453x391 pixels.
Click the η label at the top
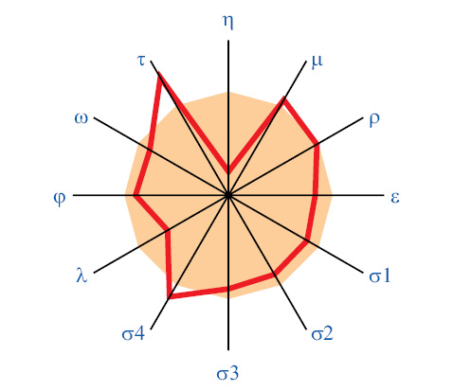point(227,23)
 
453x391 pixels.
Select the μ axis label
point(317,61)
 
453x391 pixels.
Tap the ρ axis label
point(374,119)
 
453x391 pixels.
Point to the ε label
point(395,198)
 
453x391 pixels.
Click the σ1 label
point(380,276)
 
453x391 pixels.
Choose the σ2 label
point(322,334)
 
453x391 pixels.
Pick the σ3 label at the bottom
point(227,374)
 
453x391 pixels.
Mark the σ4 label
point(133,334)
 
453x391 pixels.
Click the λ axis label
point(82,275)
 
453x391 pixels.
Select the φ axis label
point(60,198)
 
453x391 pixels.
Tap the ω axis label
point(82,119)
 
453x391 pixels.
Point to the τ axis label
point(141,61)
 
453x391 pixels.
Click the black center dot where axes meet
point(228,195)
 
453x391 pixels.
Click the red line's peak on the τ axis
point(159,75)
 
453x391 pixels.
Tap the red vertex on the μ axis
point(283,99)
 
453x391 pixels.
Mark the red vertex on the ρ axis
point(317,145)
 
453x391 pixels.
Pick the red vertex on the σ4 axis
point(170,296)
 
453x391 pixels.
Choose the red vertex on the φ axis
point(136,195)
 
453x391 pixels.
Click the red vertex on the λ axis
point(168,230)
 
